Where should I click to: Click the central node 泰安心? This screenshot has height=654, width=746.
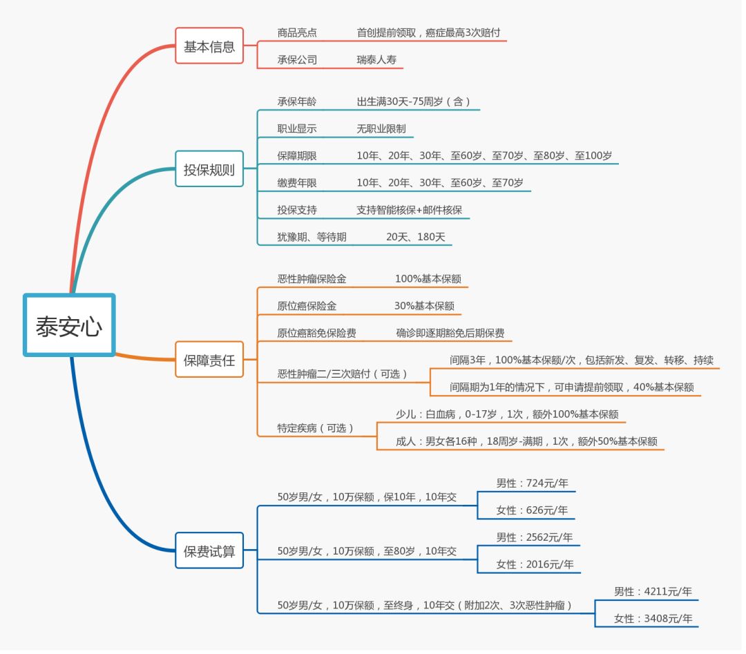tap(69, 325)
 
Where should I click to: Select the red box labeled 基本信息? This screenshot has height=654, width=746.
tap(209, 46)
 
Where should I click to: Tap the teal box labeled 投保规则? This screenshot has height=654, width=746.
tap(209, 169)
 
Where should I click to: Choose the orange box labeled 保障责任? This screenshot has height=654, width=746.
tap(209, 360)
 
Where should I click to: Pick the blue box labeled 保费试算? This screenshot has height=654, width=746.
tap(209, 551)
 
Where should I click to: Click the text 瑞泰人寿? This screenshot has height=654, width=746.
tap(376, 60)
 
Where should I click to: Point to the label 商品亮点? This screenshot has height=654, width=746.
tap(297, 32)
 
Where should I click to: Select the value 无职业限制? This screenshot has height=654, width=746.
tap(381, 128)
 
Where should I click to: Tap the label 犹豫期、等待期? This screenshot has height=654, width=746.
tap(312, 237)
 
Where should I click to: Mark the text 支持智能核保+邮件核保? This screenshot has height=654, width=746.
tap(410, 210)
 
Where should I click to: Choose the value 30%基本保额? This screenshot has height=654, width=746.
tap(424, 306)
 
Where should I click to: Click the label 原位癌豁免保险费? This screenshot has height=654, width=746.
tap(317, 333)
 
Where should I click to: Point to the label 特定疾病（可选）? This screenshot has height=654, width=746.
tap(316, 428)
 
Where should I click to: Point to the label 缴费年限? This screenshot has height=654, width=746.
tap(297, 183)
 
